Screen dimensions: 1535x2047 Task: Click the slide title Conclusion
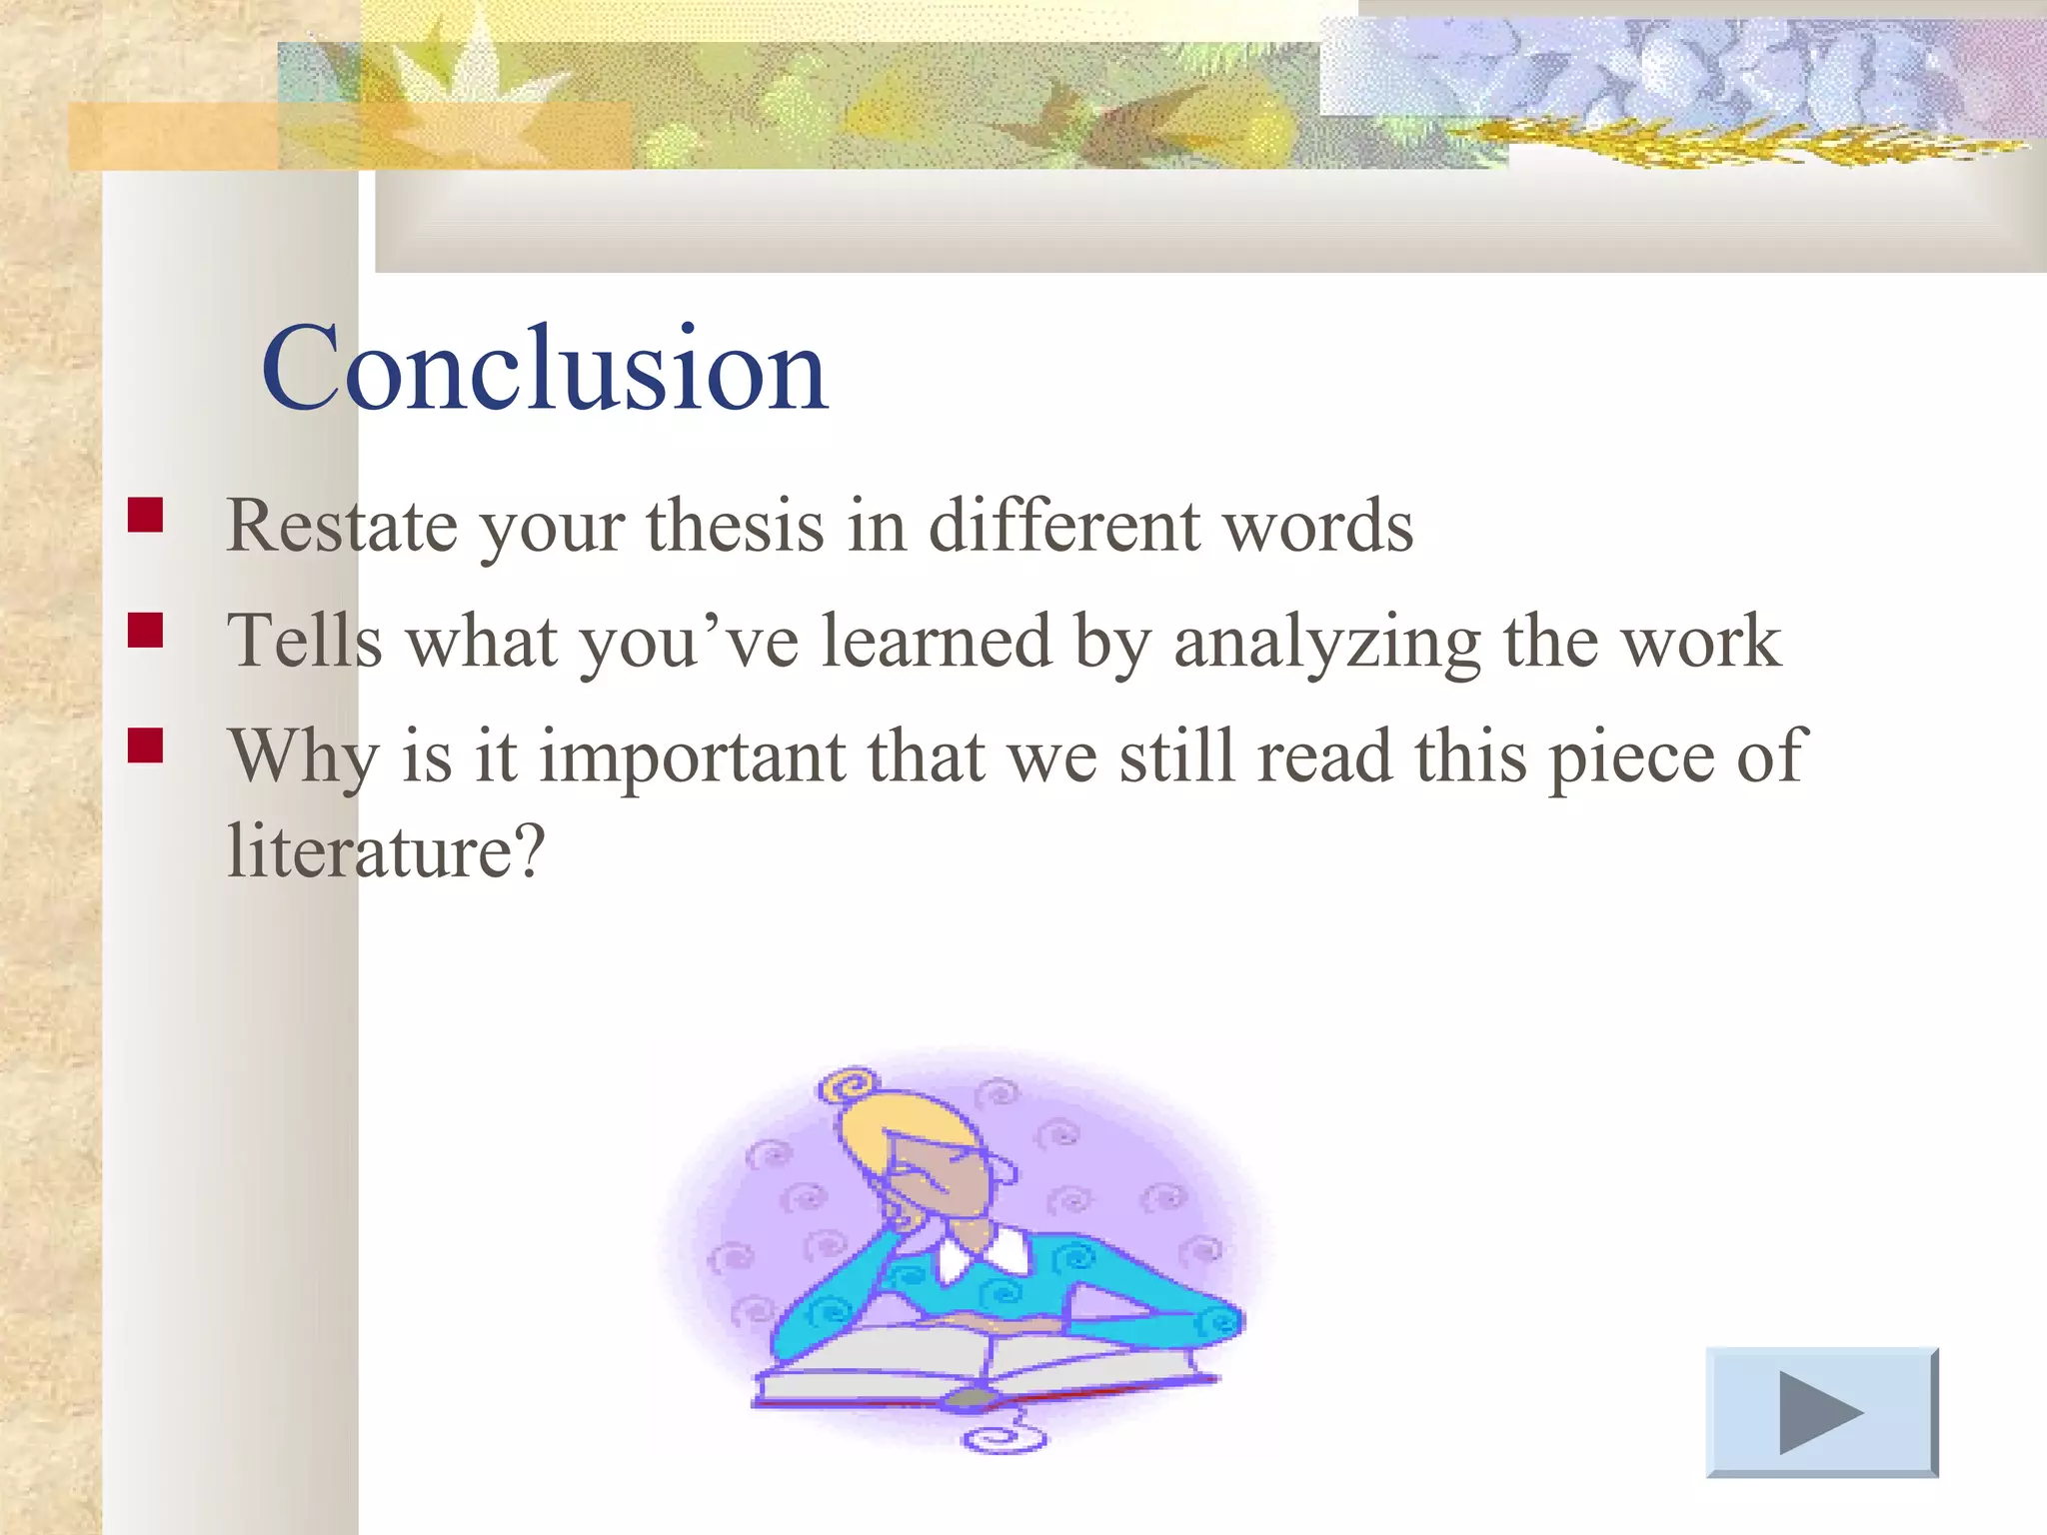pyautogui.click(x=545, y=370)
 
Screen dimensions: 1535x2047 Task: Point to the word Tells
pyautogui.click(x=305, y=641)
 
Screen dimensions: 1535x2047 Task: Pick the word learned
pyautogui.click(x=936, y=641)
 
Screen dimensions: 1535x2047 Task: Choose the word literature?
pyautogui.click(x=386, y=851)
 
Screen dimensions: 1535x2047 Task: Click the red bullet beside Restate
pyautogui.click(x=146, y=515)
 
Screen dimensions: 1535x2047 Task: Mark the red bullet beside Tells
pyautogui.click(x=146, y=631)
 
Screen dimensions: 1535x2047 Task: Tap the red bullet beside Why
pyautogui.click(x=146, y=746)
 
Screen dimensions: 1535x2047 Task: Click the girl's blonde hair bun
pyautogui.click(x=851, y=1086)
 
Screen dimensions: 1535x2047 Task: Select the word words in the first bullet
pyautogui.click(x=1319, y=526)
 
